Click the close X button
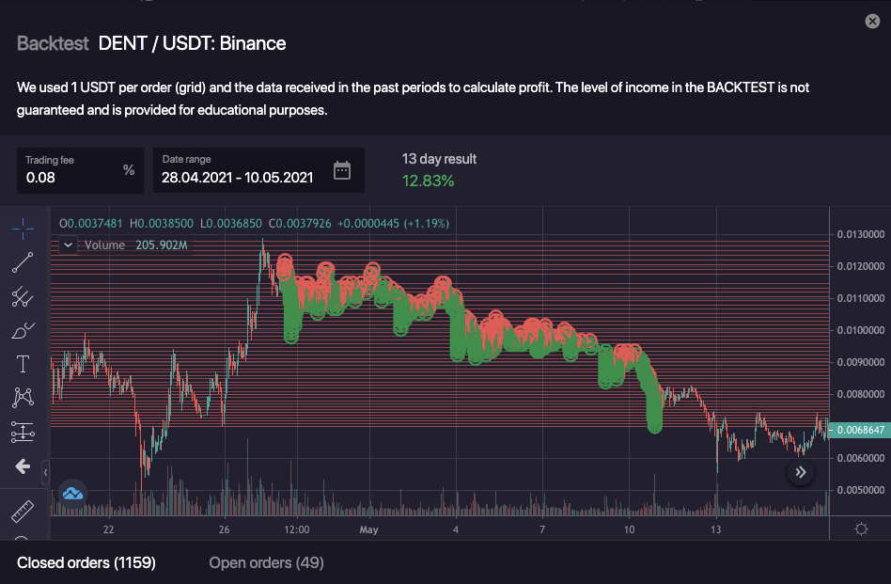pos(872,22)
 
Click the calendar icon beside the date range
pos(342,170)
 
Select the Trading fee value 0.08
pos(40,177)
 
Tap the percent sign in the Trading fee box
pos(129,170)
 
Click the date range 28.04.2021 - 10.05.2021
pos(238,177)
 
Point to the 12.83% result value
pos(428,181)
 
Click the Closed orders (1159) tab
pos(86,562)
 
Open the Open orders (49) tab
pos(266,562)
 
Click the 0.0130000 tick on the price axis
pos(862,234)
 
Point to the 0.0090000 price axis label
pos(862,362)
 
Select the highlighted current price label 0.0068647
pos(862,429)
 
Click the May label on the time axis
pos(368,529)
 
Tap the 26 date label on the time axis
pos(225,529)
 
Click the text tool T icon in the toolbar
pos(23,364)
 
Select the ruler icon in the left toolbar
pos(23,513)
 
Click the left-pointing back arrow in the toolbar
pos(23,466)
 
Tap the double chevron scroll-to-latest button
pos(801,472)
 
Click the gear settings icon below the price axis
pos(861,529)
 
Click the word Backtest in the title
pos(53,43)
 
